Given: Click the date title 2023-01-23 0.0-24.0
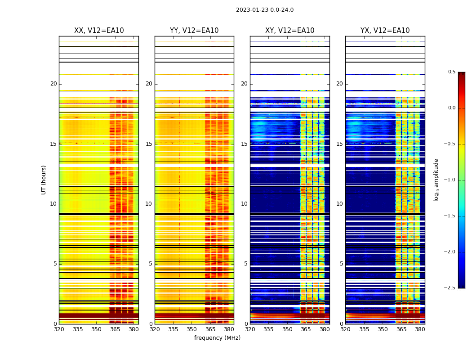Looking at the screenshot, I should coord(264,10).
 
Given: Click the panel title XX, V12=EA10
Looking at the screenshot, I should coord(99,31).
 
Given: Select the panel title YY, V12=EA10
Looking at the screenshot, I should coord(194,31).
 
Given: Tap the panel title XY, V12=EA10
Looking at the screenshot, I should coord(289,31).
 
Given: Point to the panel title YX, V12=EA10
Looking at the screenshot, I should coord(385,31).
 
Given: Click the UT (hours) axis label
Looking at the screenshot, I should coord(44,180).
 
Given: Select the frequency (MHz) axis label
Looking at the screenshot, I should coord(217,338).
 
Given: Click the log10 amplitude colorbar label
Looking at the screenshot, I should coord(436,180).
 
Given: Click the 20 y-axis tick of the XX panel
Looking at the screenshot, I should coord(53,84).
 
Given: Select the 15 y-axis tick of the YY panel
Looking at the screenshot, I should coord(149,144).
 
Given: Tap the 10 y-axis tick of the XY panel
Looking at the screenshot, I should coord(244,204).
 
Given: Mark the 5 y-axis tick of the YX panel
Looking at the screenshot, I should coord(342,264).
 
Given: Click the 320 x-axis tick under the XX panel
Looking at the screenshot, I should coord(59,329).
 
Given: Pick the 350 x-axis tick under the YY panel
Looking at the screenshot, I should coord(192,329).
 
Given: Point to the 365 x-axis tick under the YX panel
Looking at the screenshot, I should coord(401,329).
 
